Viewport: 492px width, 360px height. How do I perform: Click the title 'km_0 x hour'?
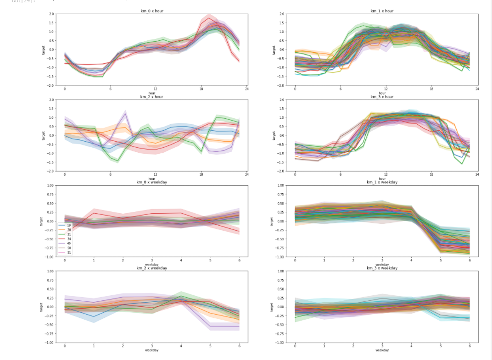151,11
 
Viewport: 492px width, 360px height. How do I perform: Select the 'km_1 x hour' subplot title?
382,11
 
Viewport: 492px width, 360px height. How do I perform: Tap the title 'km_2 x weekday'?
151,268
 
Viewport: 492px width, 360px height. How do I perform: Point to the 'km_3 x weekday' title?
382,268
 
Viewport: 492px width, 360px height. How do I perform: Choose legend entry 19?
68,225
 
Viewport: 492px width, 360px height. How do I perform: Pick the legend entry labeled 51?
68,253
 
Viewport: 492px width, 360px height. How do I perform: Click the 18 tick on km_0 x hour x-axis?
201,89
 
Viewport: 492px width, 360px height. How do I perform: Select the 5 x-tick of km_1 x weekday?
440,260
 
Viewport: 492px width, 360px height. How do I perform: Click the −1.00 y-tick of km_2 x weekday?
49,343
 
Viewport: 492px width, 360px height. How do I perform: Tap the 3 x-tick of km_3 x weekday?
382,346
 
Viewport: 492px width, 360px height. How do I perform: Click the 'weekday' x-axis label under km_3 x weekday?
382,350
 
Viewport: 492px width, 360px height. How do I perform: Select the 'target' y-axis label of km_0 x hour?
43,50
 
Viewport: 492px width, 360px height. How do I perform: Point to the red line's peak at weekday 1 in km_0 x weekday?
94,213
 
